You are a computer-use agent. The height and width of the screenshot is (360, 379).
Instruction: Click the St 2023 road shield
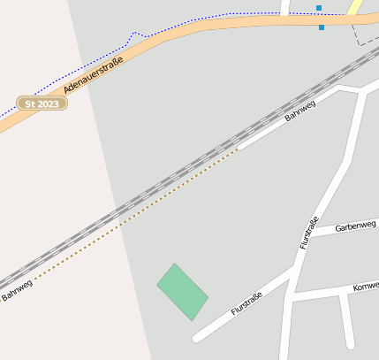coord(42,103)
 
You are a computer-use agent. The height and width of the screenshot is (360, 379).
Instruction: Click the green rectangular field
coord(182,291)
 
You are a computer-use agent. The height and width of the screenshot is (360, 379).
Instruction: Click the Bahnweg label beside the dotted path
coord(17,289)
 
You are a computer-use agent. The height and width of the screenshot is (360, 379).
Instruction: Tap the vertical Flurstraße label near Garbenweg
coord(308,232)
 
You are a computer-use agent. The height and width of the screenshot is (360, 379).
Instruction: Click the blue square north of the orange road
coord(319,8)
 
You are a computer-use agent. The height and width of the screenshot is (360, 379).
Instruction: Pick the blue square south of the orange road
coord(322,27)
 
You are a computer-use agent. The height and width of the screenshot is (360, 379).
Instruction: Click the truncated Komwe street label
coord(365,287)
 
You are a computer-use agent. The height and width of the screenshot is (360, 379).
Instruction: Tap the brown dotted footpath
coord(133,213)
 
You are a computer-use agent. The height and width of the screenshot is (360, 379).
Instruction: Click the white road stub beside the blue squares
coord(285,7)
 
